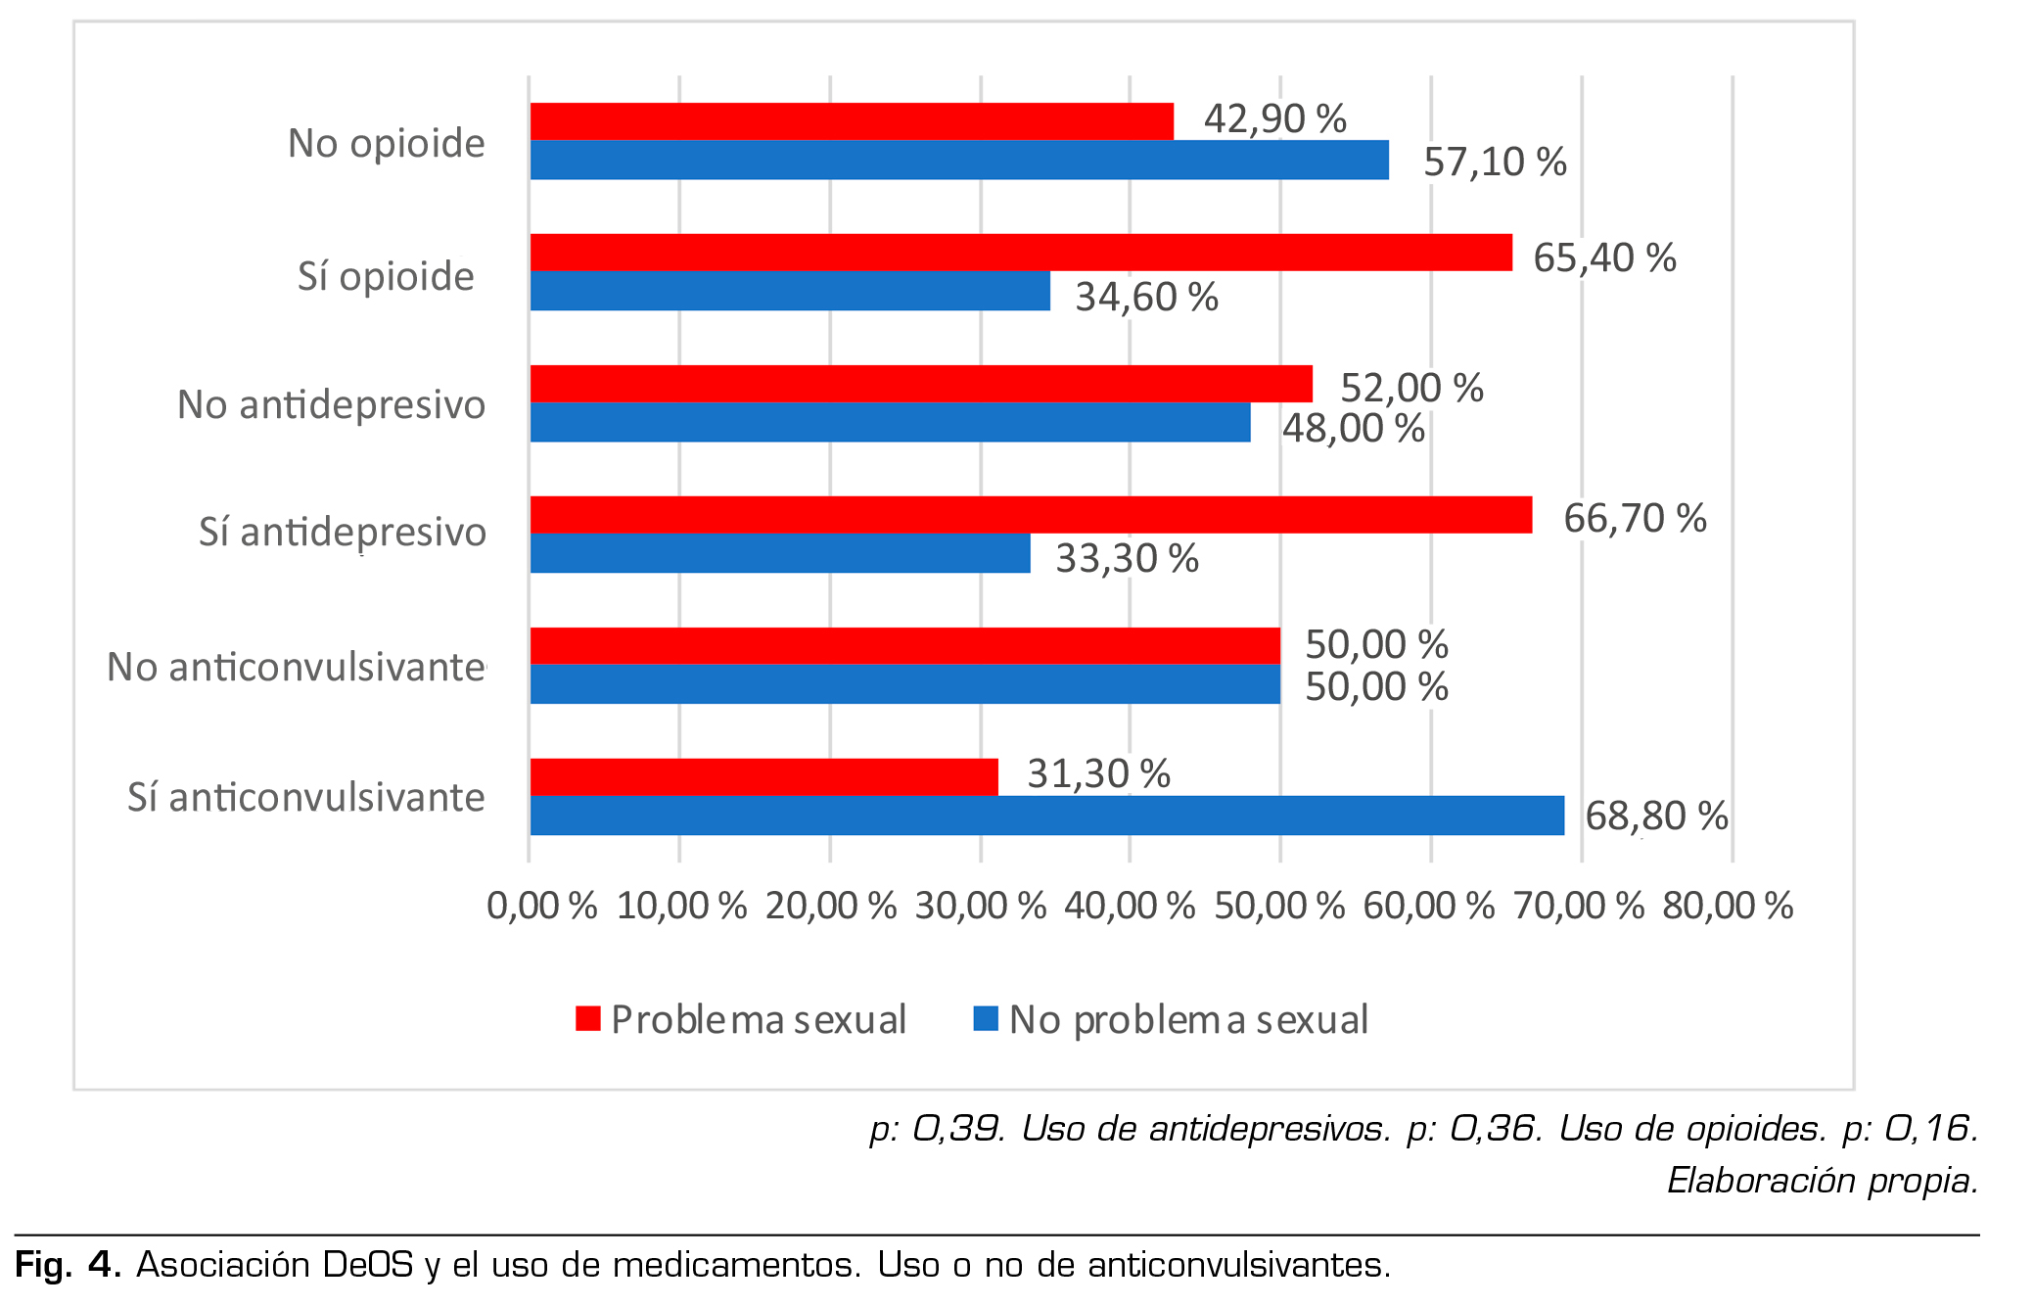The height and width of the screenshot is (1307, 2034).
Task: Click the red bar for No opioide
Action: [852, 121]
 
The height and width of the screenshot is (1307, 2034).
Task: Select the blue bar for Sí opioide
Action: [790, 292]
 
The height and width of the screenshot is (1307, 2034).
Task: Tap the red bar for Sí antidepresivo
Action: [1031, 515]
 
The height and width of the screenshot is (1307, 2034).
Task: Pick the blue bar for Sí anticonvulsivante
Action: [1046, 816]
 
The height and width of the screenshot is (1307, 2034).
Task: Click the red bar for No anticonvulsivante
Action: [904, 646]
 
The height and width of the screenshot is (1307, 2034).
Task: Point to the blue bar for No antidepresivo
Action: [890, 423]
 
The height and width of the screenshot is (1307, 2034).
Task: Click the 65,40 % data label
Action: [1604, 257]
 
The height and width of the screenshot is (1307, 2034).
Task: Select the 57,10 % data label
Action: [1495, 162]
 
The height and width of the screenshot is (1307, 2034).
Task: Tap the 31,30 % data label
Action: [1098, 773]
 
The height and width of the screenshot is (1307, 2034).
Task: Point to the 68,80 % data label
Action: [1656, 816]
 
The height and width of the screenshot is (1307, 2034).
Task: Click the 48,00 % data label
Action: [1353, 428]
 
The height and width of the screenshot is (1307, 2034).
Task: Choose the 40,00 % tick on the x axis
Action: [1130, 906]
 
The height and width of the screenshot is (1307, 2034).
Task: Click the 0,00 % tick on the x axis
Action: [541, 906]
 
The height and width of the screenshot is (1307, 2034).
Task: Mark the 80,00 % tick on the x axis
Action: [1728, 906]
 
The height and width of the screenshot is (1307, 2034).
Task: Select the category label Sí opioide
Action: [386, 276]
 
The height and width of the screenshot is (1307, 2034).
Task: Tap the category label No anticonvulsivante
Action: [296, 667]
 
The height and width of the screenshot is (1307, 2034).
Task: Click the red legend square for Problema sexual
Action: [587, 1018]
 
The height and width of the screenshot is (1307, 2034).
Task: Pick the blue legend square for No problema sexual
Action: [986, 1018]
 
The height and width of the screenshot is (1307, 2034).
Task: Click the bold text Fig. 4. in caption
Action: [68, 1265]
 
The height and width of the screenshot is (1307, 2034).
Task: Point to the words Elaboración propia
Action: [1823, 1180]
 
